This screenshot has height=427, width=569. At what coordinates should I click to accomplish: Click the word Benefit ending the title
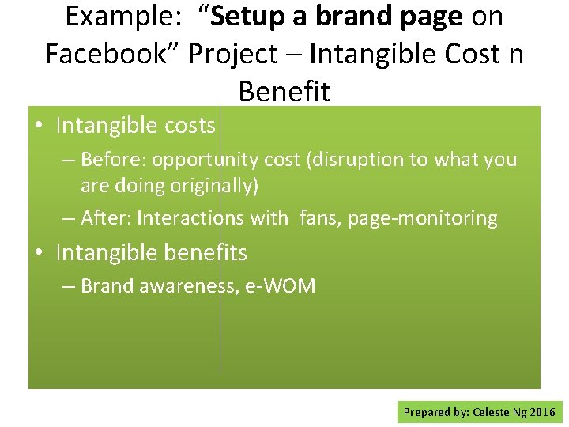(284, 92)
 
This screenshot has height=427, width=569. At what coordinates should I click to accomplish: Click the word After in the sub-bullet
(104, 218)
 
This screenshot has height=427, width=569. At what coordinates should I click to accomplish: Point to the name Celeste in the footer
(492, 412)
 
